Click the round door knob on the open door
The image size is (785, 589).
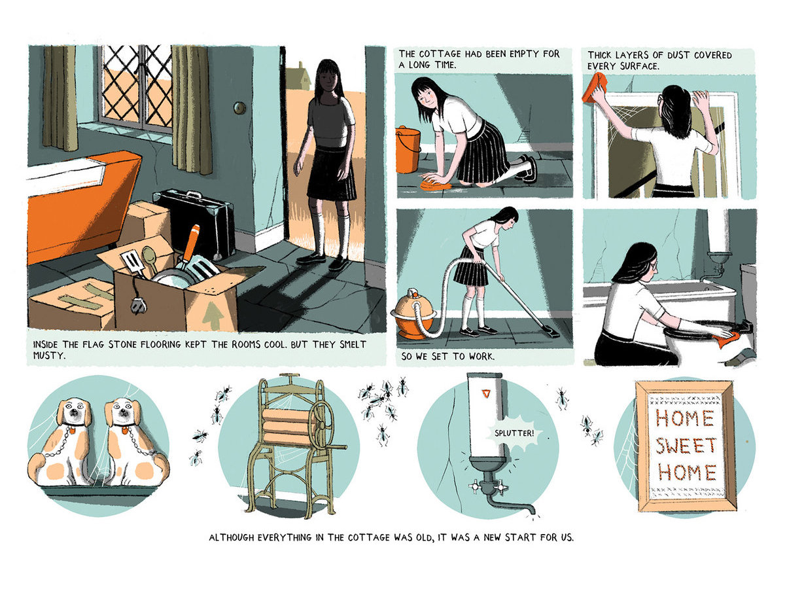(239, 107)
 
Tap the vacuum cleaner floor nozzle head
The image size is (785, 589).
(548, 330)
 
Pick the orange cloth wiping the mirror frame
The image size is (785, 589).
(595, 88)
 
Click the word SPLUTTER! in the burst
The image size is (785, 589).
(514, 433)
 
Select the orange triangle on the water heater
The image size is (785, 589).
(485, 394)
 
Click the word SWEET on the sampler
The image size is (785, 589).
(686, 446)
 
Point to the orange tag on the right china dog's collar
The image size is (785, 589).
(125, 431)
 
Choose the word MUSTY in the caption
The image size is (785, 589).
(49, 355)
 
